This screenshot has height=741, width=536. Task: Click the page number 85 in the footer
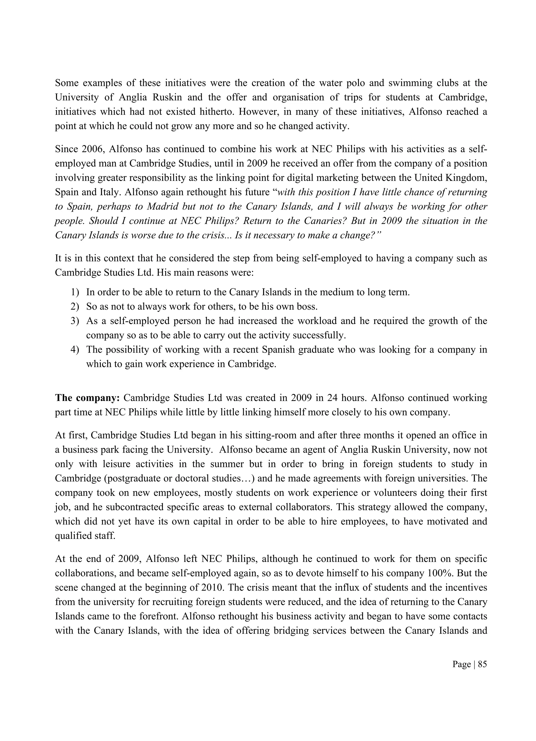[482, 664]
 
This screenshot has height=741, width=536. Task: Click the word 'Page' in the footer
[461, 664]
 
